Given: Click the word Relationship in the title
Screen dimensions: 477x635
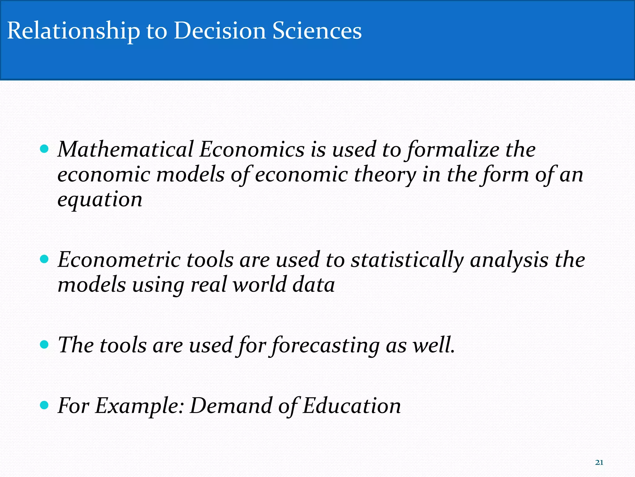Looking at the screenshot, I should [73, 31].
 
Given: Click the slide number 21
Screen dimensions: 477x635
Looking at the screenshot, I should [599, 462].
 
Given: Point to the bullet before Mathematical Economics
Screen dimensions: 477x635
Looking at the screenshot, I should [45, 149].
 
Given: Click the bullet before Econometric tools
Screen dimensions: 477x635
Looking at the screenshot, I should [45, 259].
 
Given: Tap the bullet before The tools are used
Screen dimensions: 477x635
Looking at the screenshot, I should [45, 344].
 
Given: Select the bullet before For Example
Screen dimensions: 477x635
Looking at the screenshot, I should [45, 405].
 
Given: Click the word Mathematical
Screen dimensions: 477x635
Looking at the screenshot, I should [126, 149].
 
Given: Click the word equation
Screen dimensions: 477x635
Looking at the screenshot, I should [100, 199].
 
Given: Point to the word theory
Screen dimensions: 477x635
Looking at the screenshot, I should [385, 175].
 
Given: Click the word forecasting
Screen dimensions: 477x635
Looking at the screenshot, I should [326, 346].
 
